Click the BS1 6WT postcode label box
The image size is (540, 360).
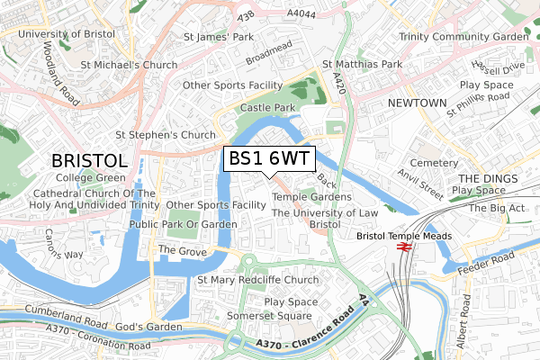(x=269, y=158)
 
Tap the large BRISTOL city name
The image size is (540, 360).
(x=89, y=160)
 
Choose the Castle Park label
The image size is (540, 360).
(x=268, y=108)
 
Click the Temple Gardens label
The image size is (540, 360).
(x=311, y=197)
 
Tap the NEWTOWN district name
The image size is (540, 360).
(x=417, y=103)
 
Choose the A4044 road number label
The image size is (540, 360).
(x=302, y=13)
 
